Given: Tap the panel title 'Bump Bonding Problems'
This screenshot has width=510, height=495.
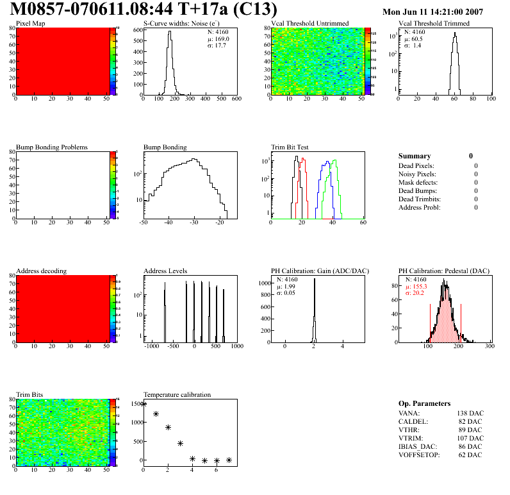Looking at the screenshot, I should coord(52,147).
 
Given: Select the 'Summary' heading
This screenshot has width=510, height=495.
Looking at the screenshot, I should coord(415,156).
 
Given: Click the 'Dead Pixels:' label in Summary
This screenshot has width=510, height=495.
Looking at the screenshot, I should coord(416,165).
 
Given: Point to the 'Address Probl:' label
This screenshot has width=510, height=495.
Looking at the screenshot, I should coord(420,207).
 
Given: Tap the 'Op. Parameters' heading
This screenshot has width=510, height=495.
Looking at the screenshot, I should coord(424,403).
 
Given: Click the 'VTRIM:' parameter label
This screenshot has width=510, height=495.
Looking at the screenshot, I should coord(410,439).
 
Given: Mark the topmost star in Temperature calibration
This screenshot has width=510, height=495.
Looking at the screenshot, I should coord(144,404).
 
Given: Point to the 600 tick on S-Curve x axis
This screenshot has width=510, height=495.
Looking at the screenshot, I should coord(236,99).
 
